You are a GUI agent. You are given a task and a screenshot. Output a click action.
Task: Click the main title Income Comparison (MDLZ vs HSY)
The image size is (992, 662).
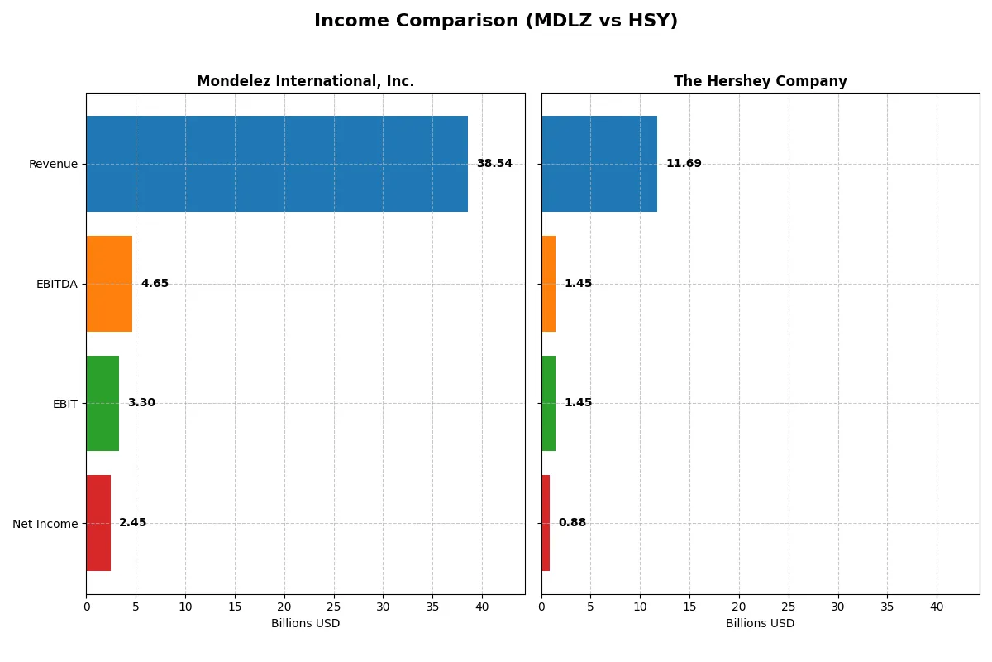pyautogui.click(x=496, y=22)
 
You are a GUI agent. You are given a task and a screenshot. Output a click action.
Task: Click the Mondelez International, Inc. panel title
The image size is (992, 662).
pyautogui.click(x=305, y=81)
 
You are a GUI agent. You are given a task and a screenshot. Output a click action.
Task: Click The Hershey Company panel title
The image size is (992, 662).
pyautogui.click(x=760, y=81)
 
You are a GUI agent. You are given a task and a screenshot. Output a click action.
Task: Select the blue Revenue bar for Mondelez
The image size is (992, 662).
pyautogui.click(x=277, y=164)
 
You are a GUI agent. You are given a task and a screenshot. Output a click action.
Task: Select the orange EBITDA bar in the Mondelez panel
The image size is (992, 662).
pyautogui.click(x=109, y=284)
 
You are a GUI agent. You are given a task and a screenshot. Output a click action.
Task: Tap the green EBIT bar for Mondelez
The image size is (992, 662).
pyautogui.click(x=103, y=403)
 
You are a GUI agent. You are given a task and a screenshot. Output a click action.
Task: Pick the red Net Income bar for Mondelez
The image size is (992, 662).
pyautogui.click(x=98, y=523)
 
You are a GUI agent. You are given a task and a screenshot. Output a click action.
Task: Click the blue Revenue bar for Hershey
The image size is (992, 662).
pyautogui.click(x=599, y=164)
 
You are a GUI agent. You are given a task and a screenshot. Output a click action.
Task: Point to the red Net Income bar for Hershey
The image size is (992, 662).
pyautogui.click(x=546, y=523)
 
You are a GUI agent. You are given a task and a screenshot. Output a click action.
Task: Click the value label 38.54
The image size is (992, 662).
pyautogui.click(x=494, y=164)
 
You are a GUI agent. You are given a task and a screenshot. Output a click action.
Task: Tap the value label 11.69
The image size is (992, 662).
pyautogui.click(x=684, y=164)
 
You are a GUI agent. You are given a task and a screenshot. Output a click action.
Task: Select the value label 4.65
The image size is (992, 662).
pyautogui.click(x=155, y=284)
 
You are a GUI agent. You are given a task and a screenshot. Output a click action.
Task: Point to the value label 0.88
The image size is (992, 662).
pyautogui.click(x=572, y=523)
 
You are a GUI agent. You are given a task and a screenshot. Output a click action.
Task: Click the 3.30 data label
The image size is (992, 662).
pyautogui.click(x=141, y=403)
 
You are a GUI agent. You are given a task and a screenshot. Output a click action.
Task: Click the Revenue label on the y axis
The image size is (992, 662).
pyautogui.click(x=53, y=164)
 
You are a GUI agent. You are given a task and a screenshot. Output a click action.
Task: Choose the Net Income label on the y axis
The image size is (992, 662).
pyautogui.click(x=45, y=524)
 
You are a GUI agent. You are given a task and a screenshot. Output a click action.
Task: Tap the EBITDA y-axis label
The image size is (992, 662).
pyautogui.click(x=56, y=284)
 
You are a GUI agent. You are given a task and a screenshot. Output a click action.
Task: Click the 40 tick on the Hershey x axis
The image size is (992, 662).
pyautogui.click(x=937, y=607)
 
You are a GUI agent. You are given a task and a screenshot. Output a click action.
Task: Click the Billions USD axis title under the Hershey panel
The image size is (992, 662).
pyautogui.click(x=760, y=624)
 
